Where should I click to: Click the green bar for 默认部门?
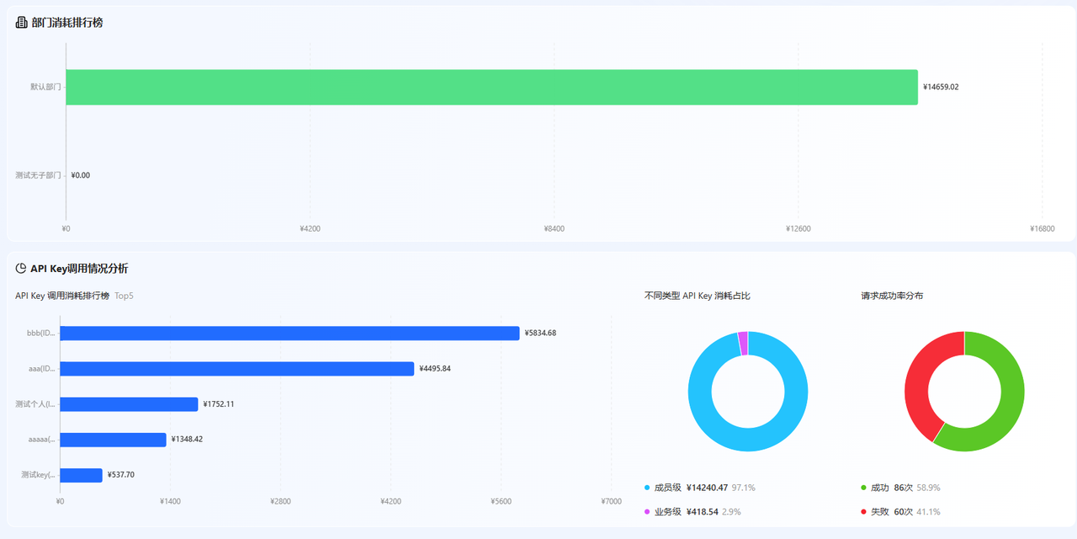pos(492,87)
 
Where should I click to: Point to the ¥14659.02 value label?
pos(941,87)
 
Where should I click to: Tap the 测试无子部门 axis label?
pos(38,175)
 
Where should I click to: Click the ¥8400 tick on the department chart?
pos(554,228)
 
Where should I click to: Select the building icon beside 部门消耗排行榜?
pos(21,22)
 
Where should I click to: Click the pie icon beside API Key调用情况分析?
pos(21,268)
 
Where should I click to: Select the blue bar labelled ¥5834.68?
pos(290,333)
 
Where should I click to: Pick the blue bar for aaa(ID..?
pos(237,369)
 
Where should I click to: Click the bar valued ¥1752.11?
pos(129,404)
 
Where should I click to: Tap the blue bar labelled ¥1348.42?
pos(113,440)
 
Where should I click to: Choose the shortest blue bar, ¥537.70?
pos(82,475)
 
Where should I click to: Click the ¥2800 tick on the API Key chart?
pos(280,501)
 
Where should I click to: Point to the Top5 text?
pos(124,296)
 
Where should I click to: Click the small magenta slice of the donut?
pos(743,343)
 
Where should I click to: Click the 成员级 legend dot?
pos(647,488)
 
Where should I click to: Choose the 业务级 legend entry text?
pos(668,511)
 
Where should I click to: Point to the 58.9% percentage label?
pos(928,488)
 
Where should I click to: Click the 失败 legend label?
pos(880,511)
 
